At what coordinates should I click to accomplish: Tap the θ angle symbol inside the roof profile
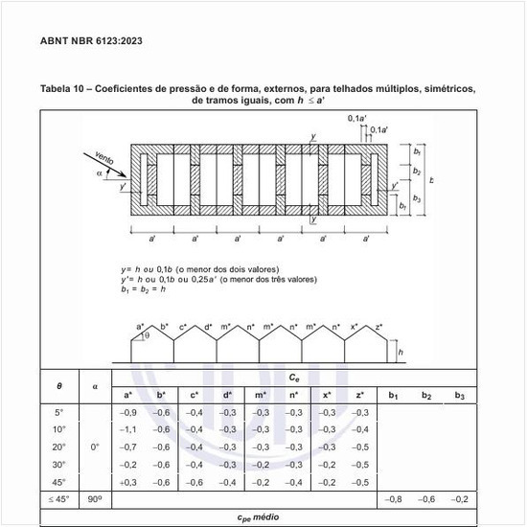pyautogui.click(x=147, y=335)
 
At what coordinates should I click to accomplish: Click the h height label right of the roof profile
pyautogui.click(x=401, y=352)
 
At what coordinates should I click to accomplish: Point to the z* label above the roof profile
pyautogui.click(x=379, y=327)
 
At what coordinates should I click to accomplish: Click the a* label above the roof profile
pyautogui.click(x=141, y=327)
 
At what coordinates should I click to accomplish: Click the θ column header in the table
pyautogui.click(x=59, y=385)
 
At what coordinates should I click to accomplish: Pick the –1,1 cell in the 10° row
pyautogui.click(x=126, y=429)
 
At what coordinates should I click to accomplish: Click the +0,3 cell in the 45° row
pyautogui.click(x=126, y=482)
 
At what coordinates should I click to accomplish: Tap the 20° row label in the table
pyautogui.click(x=59, y=447)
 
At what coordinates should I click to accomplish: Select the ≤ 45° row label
pyautogui.click(x=59, y=500)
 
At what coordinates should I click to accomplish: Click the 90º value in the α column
pyautogui.click(x=95, y=500)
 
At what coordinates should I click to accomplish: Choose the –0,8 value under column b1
pyautogui.click(x=393, y=500)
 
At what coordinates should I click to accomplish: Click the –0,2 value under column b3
pyautogui.click(x=460, y=500)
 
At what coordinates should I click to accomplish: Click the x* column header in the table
pyautogui.click(x=327, y=394)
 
